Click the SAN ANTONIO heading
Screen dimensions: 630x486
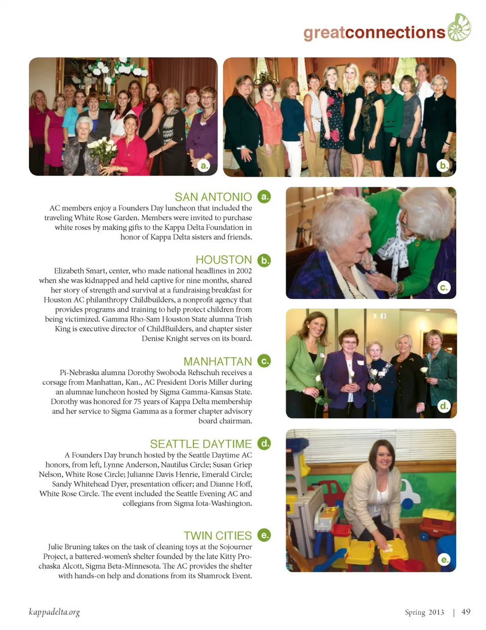(213, 197)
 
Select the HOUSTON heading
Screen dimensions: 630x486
(224, 260)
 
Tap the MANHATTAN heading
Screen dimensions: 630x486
(218, 361)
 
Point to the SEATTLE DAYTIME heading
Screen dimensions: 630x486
(201, 444)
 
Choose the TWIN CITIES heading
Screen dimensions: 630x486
(218, 535)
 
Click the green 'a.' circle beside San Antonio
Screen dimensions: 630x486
(264, 196)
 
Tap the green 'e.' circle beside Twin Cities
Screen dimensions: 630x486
(264, 535)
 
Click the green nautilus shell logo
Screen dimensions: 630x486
(459, 28)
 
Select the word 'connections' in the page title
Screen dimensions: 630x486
(395, 32)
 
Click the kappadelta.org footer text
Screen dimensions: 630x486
(54, 612)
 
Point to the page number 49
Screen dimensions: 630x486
(466, 612)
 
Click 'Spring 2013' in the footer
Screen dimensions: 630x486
(424, 612)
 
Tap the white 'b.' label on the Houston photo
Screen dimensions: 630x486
(443, 165)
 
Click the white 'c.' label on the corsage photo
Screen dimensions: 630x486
(444, 287)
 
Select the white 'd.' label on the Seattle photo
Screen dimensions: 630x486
(444, 405)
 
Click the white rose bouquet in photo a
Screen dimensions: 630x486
(103, 149)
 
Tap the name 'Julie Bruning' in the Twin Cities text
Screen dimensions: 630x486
(69, 547)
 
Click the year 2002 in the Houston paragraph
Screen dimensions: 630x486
(244, 271)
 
